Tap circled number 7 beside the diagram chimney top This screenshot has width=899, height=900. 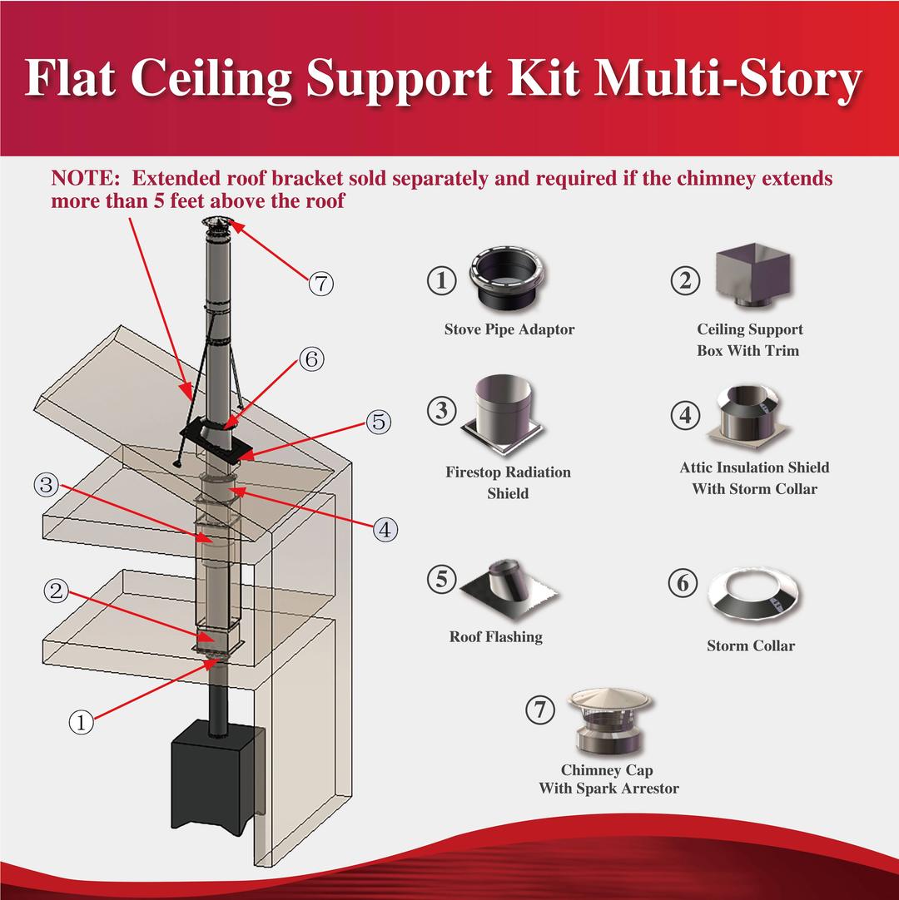[x=320, y=284]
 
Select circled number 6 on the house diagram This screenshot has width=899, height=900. [x=310, y=360]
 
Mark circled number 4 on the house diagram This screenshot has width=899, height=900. [x=385, y=528]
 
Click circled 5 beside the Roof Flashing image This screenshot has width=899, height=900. [x=441, y=580]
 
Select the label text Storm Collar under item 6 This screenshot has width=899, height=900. [x=751, y=645]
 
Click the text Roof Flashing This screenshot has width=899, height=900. [x=495, y=637]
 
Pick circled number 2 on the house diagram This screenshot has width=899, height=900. [x=56, y=591]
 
